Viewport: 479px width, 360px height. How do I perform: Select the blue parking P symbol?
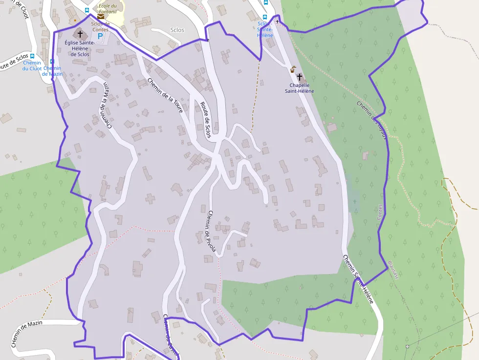[x=101, y=36]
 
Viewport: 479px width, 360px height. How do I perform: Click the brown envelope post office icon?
[x=100, y=16]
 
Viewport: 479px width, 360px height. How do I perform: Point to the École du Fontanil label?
[x=108, y=8]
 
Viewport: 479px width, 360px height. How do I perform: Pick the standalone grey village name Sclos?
[x=177, y=30]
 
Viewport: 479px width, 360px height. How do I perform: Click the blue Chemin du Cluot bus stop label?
[x=32, y=66]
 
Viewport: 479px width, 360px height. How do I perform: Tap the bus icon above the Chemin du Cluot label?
[x=32, y=56]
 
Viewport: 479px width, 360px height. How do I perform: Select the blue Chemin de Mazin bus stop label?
[x=52, y=71]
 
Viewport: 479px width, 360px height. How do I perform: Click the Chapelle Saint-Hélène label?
[x=299, y=88]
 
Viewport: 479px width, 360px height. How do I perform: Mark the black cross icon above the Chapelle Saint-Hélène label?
[x=299, y=77]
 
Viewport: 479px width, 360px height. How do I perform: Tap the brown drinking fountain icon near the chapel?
[x=293, y=69]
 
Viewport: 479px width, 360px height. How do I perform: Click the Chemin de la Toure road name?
[x=165, y=96]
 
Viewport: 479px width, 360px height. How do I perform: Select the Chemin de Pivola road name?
[x=211, y=231]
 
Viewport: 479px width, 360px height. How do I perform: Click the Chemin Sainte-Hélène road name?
[x=358, y=279]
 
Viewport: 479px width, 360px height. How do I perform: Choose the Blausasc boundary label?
[x=393, y=269]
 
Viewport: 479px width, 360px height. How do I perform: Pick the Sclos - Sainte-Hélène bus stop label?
[x=265, y=29]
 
